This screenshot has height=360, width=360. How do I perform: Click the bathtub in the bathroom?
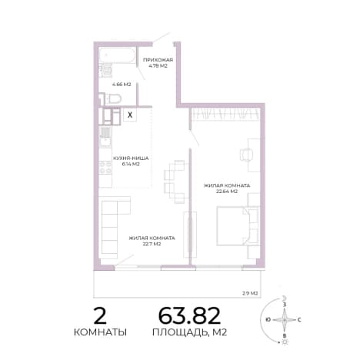pos(117,55)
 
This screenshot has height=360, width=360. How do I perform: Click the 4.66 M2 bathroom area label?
pos(122,84)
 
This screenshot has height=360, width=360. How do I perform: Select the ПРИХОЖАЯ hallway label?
pos(158,60)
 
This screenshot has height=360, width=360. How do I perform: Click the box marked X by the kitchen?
pos(130,115)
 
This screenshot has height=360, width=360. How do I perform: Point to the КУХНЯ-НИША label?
pos(131,158)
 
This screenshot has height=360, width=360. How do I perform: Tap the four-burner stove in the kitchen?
pos(105,167)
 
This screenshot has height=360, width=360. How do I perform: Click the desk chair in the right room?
pos(246,155)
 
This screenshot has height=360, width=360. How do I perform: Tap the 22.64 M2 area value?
pos(227,192)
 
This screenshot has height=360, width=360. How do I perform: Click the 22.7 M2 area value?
pos(152,244)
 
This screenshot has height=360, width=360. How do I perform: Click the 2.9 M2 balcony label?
pos(250,293)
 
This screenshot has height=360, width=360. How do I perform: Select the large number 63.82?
pos(189,315)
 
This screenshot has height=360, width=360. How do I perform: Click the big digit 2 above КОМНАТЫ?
pos(100,315)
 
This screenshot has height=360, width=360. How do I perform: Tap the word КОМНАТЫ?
pos(100,332)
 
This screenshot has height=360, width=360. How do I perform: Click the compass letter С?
pos(299,320)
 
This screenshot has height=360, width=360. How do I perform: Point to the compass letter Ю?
pos(268,320)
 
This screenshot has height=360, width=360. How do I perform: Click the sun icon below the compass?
pos(285,342)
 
